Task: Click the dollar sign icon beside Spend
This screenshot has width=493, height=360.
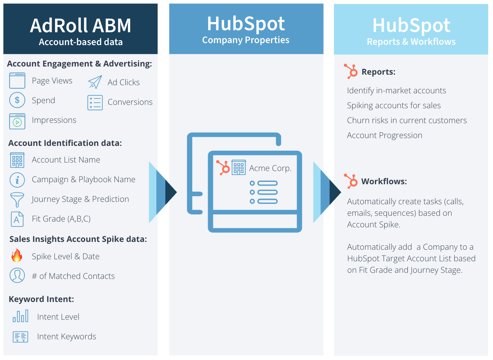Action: pyautogui.click(x=17, y=100)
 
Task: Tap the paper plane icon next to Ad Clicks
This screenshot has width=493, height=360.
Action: pyautogui.click(x=95, y=82)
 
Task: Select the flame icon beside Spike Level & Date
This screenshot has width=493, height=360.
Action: pyautogui.click(x=17, y=255)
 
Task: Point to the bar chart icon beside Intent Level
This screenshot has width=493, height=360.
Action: pyautogui.click(x=20, y=316)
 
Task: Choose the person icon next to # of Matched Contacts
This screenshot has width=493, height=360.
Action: pyautogui.click(x=17, y=275)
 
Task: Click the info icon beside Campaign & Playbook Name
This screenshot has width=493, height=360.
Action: pyautogui.click(x=17, y=180)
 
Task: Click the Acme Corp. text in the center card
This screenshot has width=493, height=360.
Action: pyautogui.click(x=270, y=168)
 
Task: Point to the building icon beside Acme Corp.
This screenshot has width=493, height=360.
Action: pyautogui.click(x=239, y=167)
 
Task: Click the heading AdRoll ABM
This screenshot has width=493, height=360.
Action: pyautogui.click(x=80, y=25)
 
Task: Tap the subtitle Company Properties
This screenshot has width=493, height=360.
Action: pyautogui.click(x=245, y=40)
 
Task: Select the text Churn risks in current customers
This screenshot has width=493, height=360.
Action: pyautogui.click(x=407, y=120)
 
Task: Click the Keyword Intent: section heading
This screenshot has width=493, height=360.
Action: pyautogui.click(x=41, y=299)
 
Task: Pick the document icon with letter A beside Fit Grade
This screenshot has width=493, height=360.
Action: pyautogui.click(x=17, y=219)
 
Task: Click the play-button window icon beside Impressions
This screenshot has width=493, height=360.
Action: pyautogui.click(x=17, y=121)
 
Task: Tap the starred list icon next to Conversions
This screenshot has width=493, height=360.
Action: pyautogui.click(x=95, y=102)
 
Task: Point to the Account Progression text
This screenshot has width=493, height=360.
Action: pyautogui.click(x=384, y=135)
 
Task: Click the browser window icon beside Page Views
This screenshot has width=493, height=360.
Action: pyautogui.click(x=17, y=80)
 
